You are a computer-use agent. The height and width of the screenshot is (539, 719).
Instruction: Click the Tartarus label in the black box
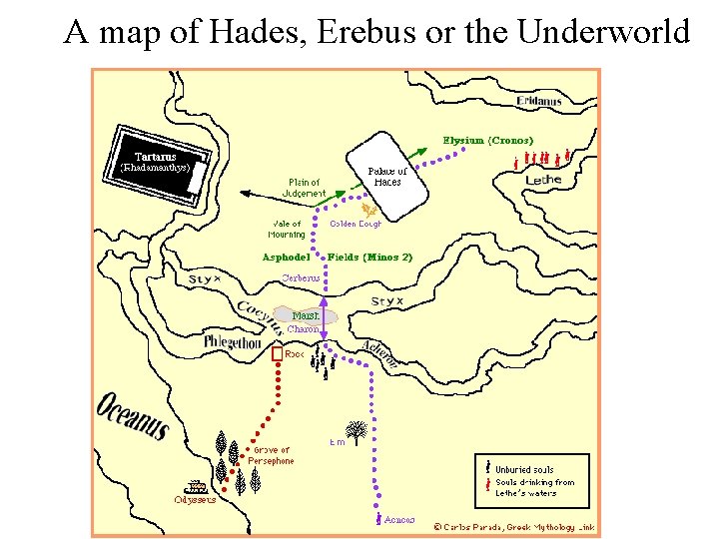pos(155,156)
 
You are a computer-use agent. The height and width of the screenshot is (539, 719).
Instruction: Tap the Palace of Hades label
pos(386,177)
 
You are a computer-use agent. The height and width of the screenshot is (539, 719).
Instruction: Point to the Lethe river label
pos(543,180)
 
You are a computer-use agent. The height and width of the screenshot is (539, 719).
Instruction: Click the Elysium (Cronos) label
pos(488,141)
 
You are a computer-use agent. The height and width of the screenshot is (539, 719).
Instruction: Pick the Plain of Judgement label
pos(304,188)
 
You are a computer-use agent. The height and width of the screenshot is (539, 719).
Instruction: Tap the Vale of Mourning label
pos(287,229)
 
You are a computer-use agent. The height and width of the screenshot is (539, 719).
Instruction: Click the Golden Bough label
pos(356,224)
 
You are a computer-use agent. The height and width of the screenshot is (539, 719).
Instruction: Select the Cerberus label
pos(301,277)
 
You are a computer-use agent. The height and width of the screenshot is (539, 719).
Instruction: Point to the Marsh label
pos(305,316)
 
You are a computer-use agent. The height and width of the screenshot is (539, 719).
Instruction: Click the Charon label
pos(303,328)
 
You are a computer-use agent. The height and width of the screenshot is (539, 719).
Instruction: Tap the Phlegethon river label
pos(233,341)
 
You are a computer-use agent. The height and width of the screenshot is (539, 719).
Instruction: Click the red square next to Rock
pos(277,354)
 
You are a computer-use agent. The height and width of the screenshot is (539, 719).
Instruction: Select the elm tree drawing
pos(357,432)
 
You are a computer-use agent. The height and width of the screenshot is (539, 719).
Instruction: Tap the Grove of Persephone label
pos(271,456)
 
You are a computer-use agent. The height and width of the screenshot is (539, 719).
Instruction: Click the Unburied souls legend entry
pos(525,469)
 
